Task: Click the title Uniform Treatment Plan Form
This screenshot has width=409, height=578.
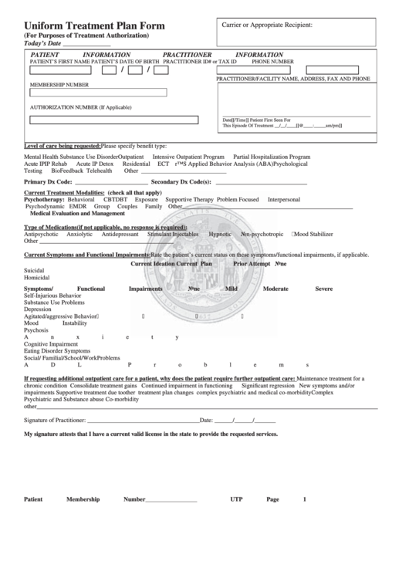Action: (94, 25)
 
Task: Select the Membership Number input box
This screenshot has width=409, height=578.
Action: (98, 93)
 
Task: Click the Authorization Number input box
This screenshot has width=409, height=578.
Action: (98, 120)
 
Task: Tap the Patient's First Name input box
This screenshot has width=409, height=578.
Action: (60, 70)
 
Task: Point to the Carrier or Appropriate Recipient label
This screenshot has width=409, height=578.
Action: (267, 25)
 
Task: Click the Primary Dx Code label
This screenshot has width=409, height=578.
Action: (48, 181)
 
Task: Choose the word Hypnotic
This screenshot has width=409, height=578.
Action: (220, 233)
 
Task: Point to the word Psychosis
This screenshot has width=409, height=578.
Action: (37, 330)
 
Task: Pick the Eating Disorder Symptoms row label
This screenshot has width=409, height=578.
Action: (57, 350)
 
